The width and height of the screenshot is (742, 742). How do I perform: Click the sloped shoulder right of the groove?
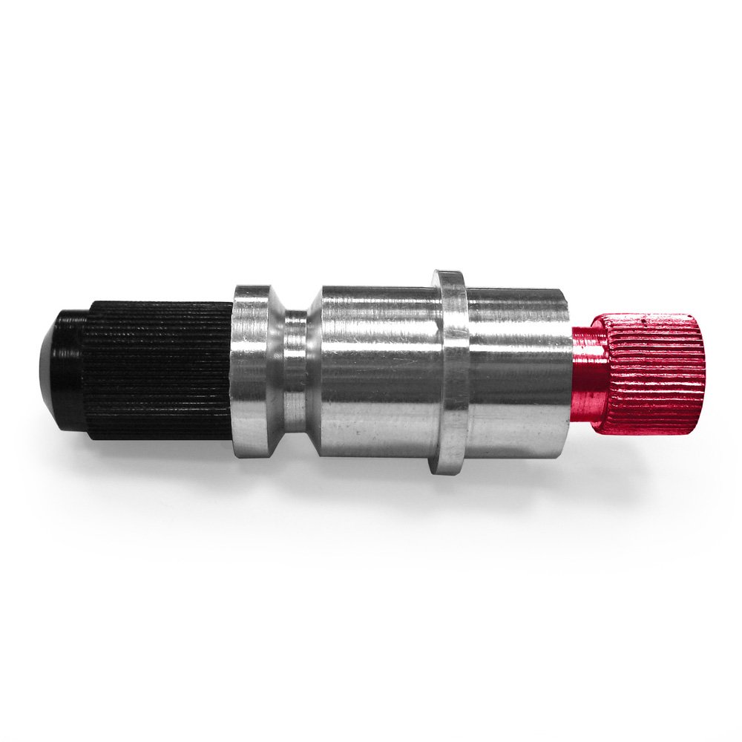pos(315,371)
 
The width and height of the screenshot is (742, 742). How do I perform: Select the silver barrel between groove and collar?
pos(378,371)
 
